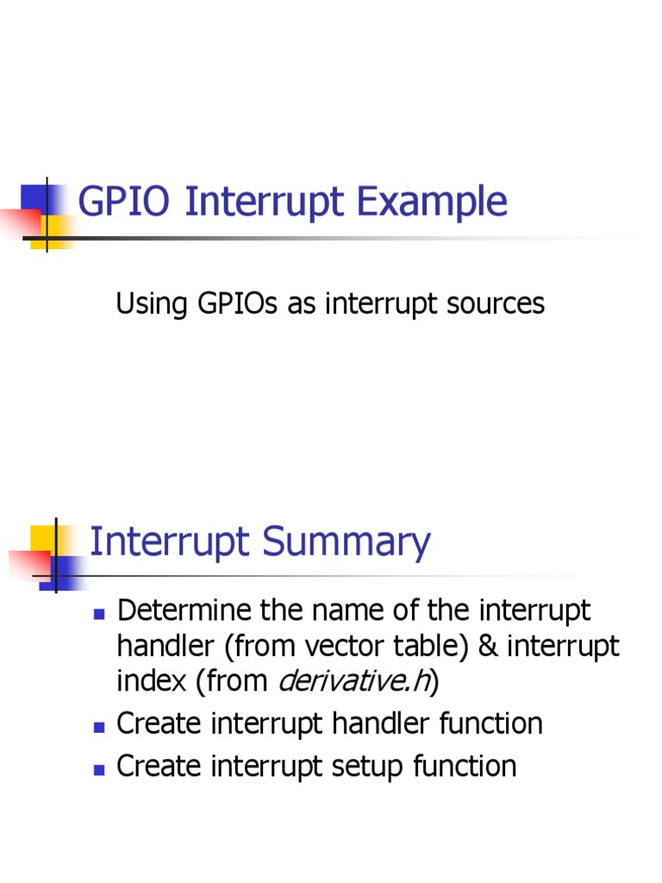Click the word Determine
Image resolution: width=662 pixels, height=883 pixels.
click(178, 611)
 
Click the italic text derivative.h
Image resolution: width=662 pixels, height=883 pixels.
click(353, 681)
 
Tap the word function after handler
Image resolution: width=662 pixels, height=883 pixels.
click(490, 723)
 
